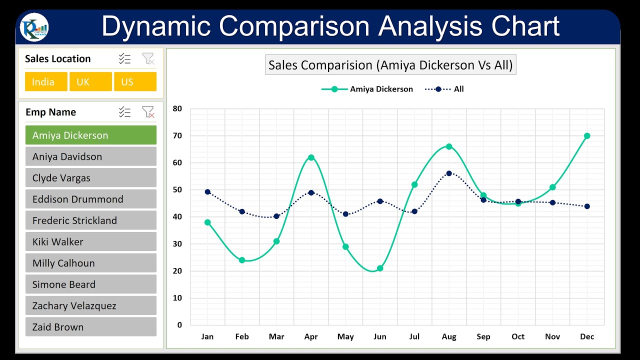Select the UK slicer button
coord(90,81)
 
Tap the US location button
coord(135,81)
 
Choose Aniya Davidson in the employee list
coord(90,156)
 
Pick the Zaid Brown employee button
coord(90,327)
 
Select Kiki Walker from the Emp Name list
coord(90,242)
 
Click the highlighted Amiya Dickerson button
coord(90,135)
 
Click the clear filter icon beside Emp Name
coord(148,112)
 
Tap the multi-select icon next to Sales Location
coord(124,59)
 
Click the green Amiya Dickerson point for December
coord(587,136)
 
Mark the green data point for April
coord(311,157)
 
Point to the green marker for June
coord(380,268)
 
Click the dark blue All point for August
coord(449,173)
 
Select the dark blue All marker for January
coord(207,192)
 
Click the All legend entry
coord(444,89)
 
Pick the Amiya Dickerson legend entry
coord(367,89)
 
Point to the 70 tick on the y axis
coord(177,135)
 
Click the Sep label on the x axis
coord(483,336)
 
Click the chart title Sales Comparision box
coord(390,65)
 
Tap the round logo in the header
coord(34,27)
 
